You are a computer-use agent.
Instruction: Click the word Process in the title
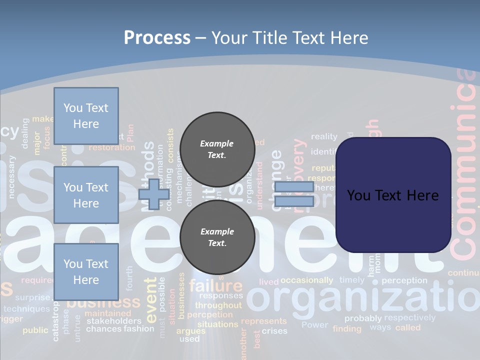pyautogui.click(x=157, y=38)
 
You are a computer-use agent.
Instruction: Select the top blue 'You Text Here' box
pyautogui.click(x=86, y=116)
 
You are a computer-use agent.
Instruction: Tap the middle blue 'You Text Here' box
pyautogui.click(x=86, y=195)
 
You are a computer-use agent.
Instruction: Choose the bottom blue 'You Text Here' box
pyautogui.click(x=86, y=271)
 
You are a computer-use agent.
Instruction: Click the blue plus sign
pyautogui.click(x=153, y=194)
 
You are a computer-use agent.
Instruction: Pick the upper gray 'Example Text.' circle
pyautogui.click(x=217, y=149)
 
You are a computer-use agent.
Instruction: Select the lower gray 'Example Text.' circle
pyautogui.click(x=217, y=237)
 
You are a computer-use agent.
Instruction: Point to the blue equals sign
pyautogui.click(x=294, y=194)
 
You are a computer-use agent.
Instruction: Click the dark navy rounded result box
pyautogui.click(x=393, y=195)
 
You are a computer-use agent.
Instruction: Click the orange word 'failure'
pyautogui.click(x=215, y=286)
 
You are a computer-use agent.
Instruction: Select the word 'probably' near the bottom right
pyautogui.click(x=363, y=318)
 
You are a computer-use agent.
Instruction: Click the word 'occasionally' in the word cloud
pyautogui.click(x=306, y=280)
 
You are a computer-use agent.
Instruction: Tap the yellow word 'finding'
pyautogui.click(x=346, y=328)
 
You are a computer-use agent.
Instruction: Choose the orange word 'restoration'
pyautogui.click(x=111, y=147)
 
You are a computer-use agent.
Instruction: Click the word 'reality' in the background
pyautogui.click(x=324, y=136)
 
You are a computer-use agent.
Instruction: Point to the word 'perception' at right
pyautogui.click(x=404, y=280)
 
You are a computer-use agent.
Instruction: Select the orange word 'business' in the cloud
pyautogui.click(x=103, y=302)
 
